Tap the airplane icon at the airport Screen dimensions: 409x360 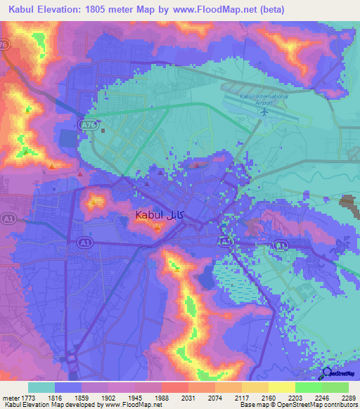264,110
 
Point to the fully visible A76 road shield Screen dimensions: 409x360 86,123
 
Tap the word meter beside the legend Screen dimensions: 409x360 10,397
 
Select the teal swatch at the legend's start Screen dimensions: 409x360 41,387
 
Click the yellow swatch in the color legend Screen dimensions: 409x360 281,387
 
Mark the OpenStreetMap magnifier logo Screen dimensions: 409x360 326,373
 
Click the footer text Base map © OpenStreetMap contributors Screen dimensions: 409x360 297,405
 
